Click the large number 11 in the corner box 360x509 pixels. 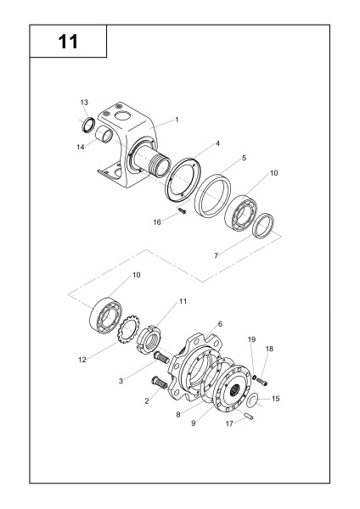click(x=68, y=42)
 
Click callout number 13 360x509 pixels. click(x=84, y=103)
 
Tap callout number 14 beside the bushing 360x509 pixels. click(x=81, y=147)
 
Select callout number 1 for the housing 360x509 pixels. click(x=177, y=120)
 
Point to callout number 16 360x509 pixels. click(x=157, y=222)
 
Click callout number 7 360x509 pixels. click(x=216, y=256)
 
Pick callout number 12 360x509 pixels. click(x=82, y=360)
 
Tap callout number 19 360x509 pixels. click(x=252, y=339)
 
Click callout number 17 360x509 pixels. click(x=230, y=423)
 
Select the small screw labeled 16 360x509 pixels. click(x=183, y=211)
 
